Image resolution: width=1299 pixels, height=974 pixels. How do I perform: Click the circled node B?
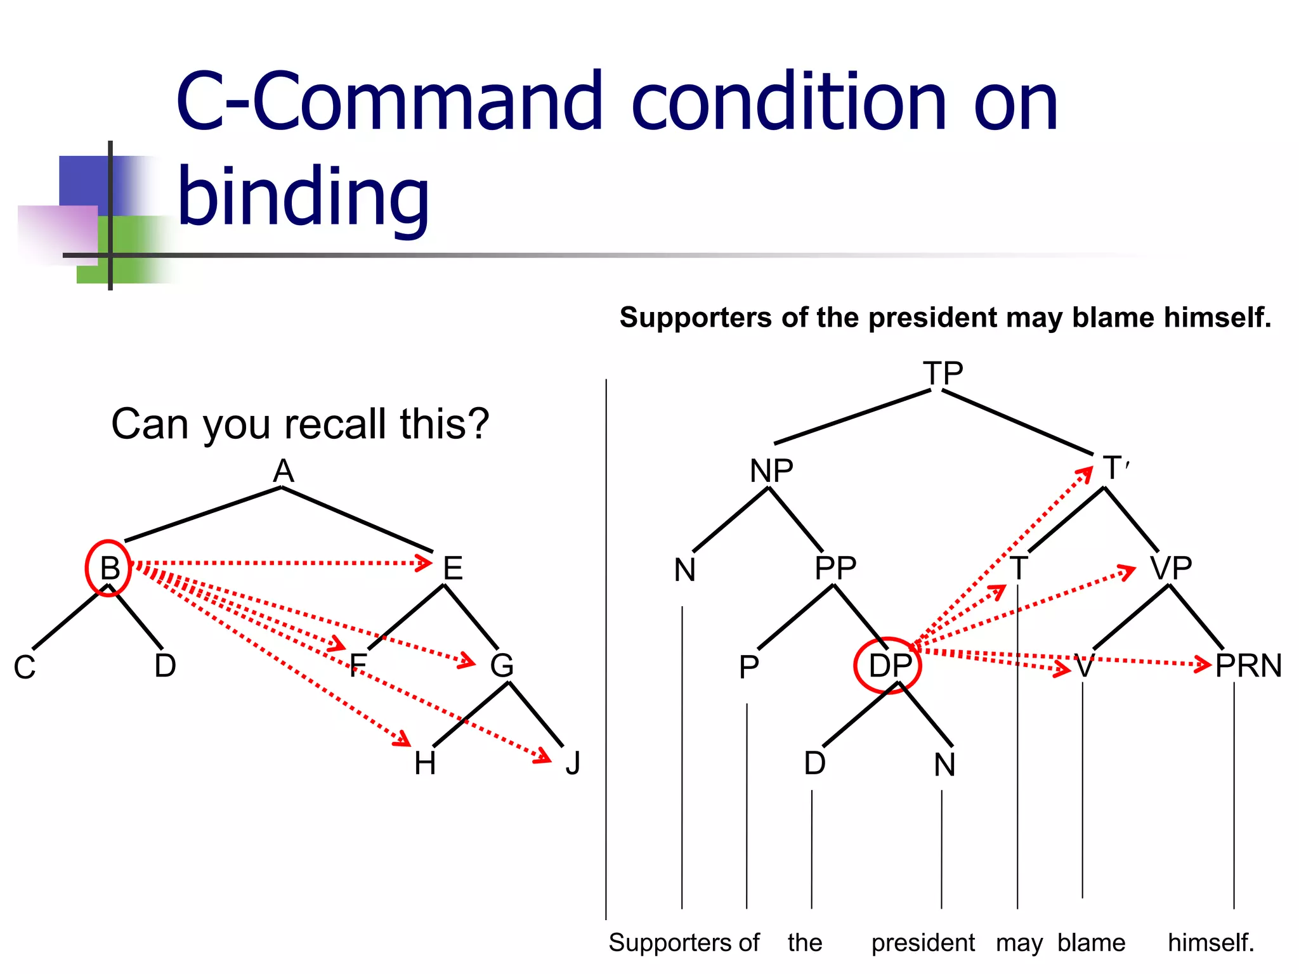coord(109,568)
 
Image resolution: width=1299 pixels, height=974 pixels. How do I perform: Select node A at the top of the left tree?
coord(284,471)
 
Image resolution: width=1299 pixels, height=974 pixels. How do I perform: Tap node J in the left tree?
coord(573,763)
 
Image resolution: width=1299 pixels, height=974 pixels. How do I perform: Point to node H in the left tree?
coord(424,763)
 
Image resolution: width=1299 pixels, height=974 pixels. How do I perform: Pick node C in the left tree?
coord(25,668)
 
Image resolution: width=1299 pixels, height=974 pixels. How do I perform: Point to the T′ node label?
coord(1115,469)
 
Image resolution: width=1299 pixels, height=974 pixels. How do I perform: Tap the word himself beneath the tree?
coord(1211,943)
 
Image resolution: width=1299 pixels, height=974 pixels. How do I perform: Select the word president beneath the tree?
coord(923,943)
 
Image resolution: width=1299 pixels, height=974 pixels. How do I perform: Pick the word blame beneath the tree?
coord(1091,943)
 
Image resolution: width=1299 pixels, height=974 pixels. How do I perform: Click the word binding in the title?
coord(303,197)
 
